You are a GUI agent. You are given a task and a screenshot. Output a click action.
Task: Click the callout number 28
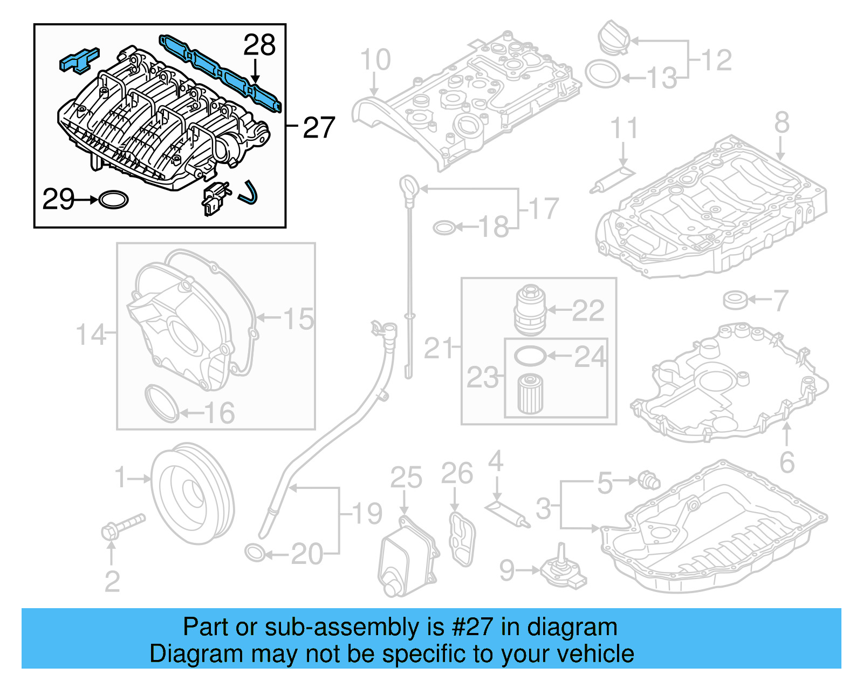pyautogui.click(x=259, y=45)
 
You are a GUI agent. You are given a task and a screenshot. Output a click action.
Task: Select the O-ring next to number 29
pyautogui.click(x=114, y=200)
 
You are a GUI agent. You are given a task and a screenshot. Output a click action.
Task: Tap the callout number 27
pyautogui.click(x=319, y=128)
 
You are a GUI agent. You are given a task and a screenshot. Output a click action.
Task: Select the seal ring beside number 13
pyautogui.click(x=602, y=74)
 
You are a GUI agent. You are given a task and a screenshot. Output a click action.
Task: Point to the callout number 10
pyautogui.click(x=375, y=60)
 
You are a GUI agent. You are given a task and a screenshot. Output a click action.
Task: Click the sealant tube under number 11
pyautogui.click(x=613, y=180)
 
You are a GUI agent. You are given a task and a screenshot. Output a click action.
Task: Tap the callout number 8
pyautogui.click(x=782, y=122)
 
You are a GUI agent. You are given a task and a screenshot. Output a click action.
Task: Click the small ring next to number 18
pyautogui.click(x=443, y=228)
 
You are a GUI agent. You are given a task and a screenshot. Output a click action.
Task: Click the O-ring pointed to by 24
pyautogui.click(x=530, y=356)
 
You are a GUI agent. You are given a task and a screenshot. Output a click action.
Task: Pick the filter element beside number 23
pyautogui.click(x=530, y=394)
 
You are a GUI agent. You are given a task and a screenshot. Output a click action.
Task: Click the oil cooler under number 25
pyautogui.click(x=406, y=556)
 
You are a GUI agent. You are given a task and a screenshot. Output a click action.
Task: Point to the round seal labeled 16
pyautogui.click(x=161, y=404)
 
